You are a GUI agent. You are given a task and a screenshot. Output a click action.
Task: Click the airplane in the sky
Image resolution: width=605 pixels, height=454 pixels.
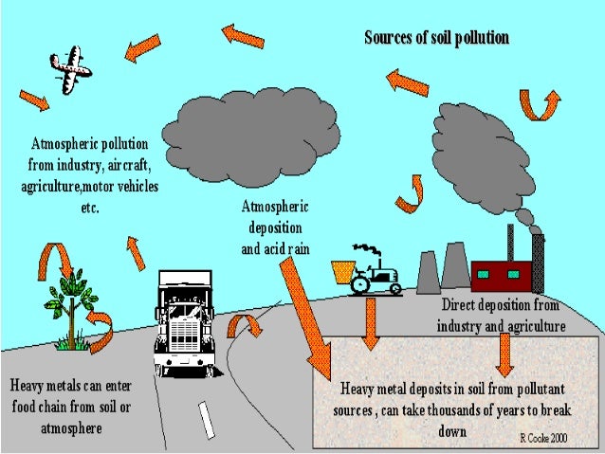point(69,71)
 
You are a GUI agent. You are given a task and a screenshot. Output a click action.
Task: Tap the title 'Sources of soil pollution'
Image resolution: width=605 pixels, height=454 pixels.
point(437,38)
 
